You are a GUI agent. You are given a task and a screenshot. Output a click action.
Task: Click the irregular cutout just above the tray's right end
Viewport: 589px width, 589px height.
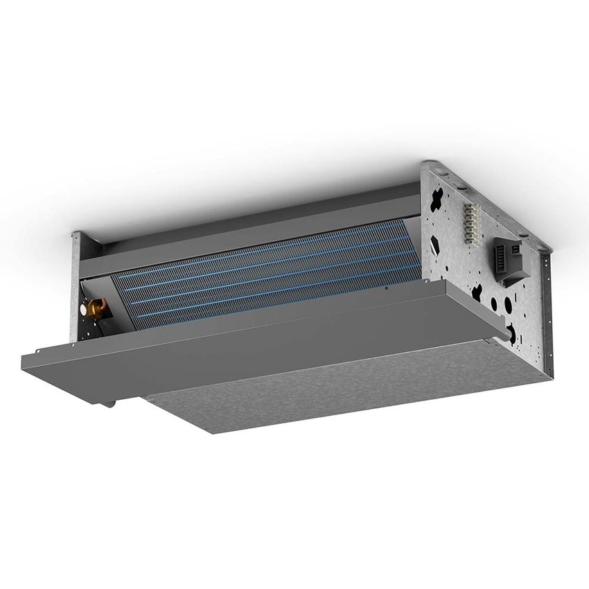point(477,293)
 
